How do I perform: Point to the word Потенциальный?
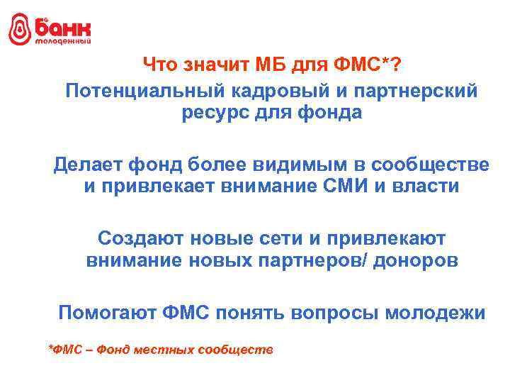coord(140,91)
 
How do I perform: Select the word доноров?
coord(421,261)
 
